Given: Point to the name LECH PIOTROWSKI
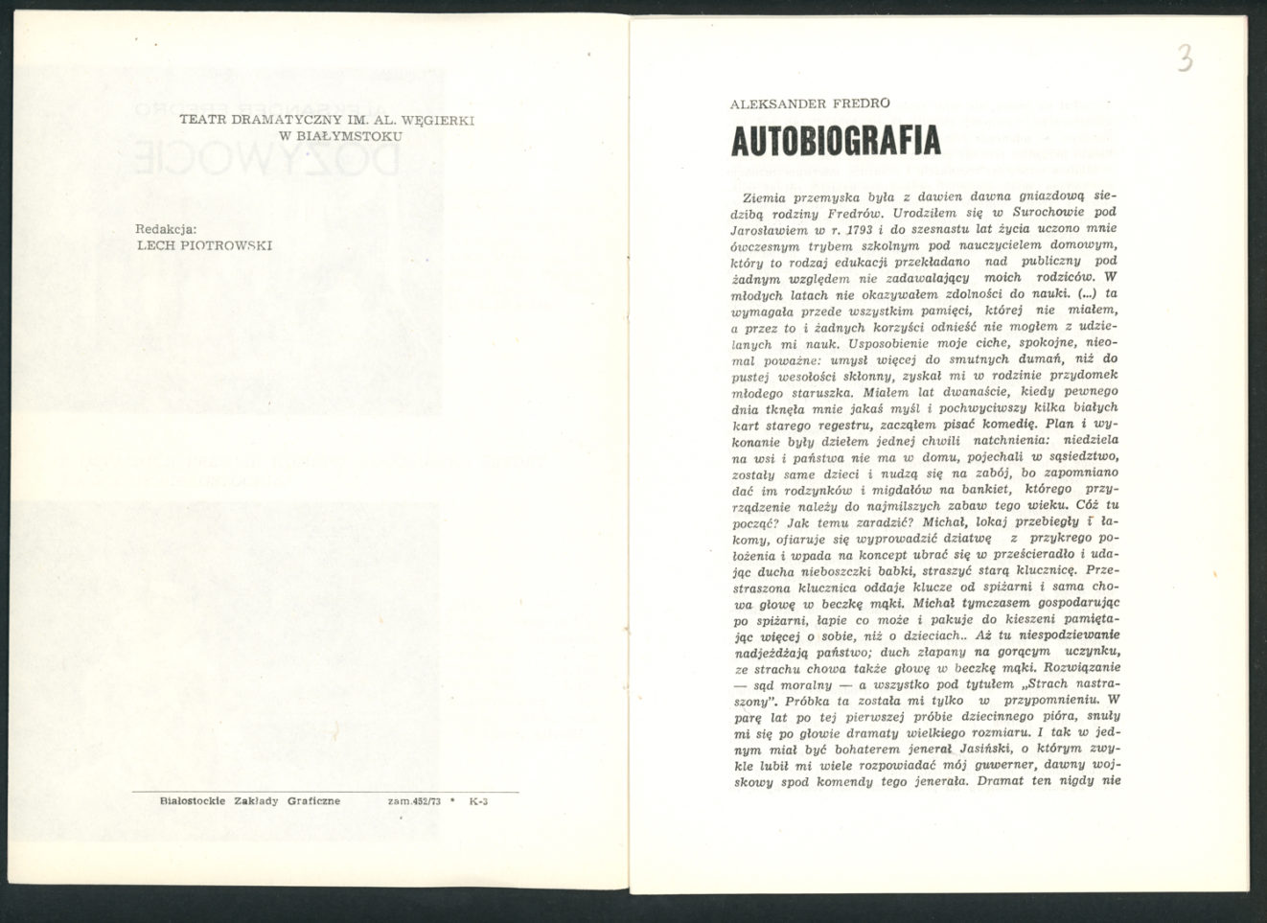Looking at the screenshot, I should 205,244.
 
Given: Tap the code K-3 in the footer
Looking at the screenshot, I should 479,801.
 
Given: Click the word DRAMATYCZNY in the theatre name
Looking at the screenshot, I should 273,120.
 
